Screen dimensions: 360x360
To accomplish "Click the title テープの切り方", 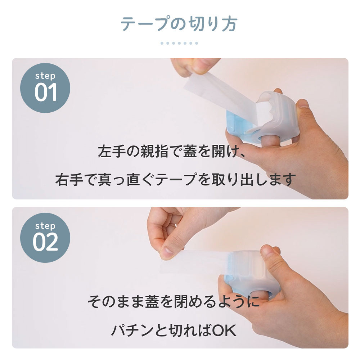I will pos(179,24).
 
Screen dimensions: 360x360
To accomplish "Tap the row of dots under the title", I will pos(179,43).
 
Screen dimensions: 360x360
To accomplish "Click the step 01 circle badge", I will pos(45,88).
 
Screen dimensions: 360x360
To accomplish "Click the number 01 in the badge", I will pos(46,93).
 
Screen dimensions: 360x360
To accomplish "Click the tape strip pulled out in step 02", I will pos(202,263).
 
